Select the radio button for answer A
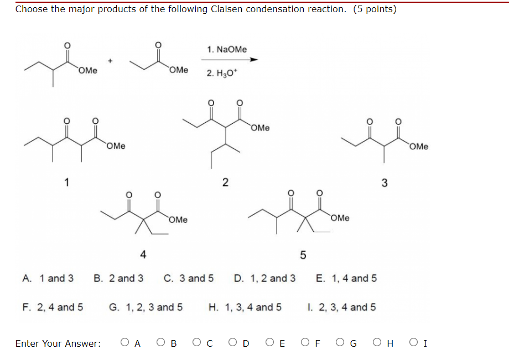point(124,343)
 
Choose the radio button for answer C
point(196,343)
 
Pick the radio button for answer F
point(305,343)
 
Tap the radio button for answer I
point(413,343)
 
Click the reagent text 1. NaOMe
point(227,50)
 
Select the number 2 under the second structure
point(225,182)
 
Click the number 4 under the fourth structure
point(143,254)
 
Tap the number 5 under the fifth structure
point(303,255)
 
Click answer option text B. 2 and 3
point(118,278)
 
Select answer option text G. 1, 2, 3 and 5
point(146,307)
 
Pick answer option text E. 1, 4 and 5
point(346,278)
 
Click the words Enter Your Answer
point(58,343)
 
